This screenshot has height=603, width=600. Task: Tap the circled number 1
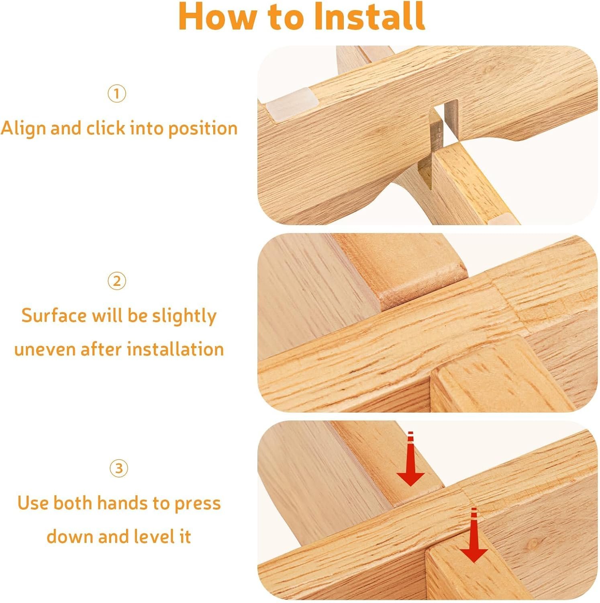coord(117,94)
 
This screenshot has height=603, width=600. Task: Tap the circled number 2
coord(117,281)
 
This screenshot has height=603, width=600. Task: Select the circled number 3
coord(119,468)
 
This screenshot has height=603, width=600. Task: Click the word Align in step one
coord(24,129)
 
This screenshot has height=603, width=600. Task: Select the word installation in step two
coord(172,349)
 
